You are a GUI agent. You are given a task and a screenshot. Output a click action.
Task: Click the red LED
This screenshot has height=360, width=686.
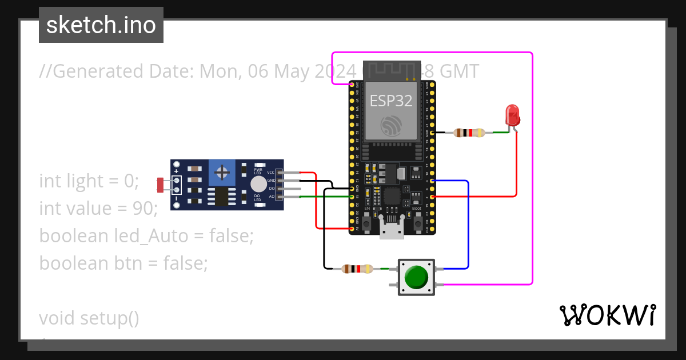click(513, 114)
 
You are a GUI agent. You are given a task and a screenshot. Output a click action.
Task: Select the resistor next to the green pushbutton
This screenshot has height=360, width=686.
click(356, 269)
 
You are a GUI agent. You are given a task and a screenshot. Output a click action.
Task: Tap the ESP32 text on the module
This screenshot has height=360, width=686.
click(391, 101)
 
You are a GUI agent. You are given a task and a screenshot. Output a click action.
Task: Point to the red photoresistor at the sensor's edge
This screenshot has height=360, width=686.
click(161, 185)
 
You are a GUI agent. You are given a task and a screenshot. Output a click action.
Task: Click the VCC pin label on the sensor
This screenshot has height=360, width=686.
click(271, 172)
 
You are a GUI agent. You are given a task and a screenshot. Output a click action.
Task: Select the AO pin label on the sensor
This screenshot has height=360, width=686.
click(272, 196)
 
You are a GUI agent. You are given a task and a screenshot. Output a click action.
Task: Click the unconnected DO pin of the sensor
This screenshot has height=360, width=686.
click(292, 189)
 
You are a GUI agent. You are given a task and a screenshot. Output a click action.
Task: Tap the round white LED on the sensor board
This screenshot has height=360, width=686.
click(258, 184)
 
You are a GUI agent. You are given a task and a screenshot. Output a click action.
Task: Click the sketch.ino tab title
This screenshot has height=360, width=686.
click(101, 25)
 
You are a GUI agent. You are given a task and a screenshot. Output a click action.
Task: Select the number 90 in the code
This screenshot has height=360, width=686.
click(142, 208)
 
